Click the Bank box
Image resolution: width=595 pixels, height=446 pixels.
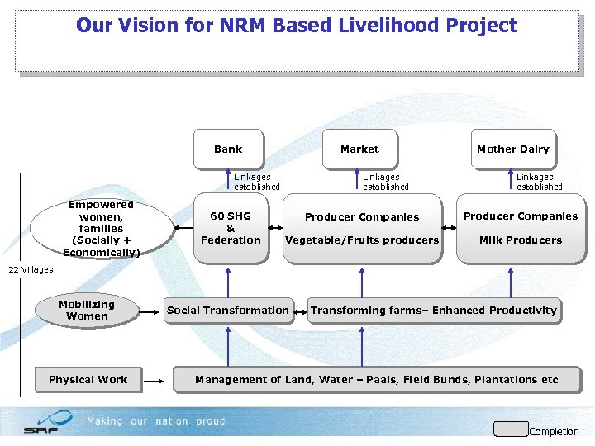228,149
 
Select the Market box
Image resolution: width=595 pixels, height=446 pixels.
359,149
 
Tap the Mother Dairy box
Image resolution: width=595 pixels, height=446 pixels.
512,149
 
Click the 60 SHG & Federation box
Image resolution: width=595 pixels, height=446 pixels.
231,229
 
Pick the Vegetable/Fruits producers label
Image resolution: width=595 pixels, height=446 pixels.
362,240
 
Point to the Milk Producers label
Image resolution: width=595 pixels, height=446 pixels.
521,240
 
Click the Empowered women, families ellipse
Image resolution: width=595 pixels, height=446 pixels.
102,228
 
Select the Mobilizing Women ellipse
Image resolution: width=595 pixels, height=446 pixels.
87,311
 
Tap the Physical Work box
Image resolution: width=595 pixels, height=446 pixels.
88,380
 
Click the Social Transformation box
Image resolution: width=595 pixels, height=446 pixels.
228,311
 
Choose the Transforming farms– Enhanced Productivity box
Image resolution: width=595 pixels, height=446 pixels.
434,311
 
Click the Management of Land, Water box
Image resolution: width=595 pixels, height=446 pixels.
377,380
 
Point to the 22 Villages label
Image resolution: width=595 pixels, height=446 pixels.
31,269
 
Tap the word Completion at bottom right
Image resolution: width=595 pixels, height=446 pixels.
554,432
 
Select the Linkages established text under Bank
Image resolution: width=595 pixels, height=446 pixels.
256,182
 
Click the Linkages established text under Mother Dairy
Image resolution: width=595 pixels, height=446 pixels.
539,182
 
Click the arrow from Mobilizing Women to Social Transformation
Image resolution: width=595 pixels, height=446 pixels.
150,311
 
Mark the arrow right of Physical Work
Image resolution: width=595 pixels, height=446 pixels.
157,380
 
